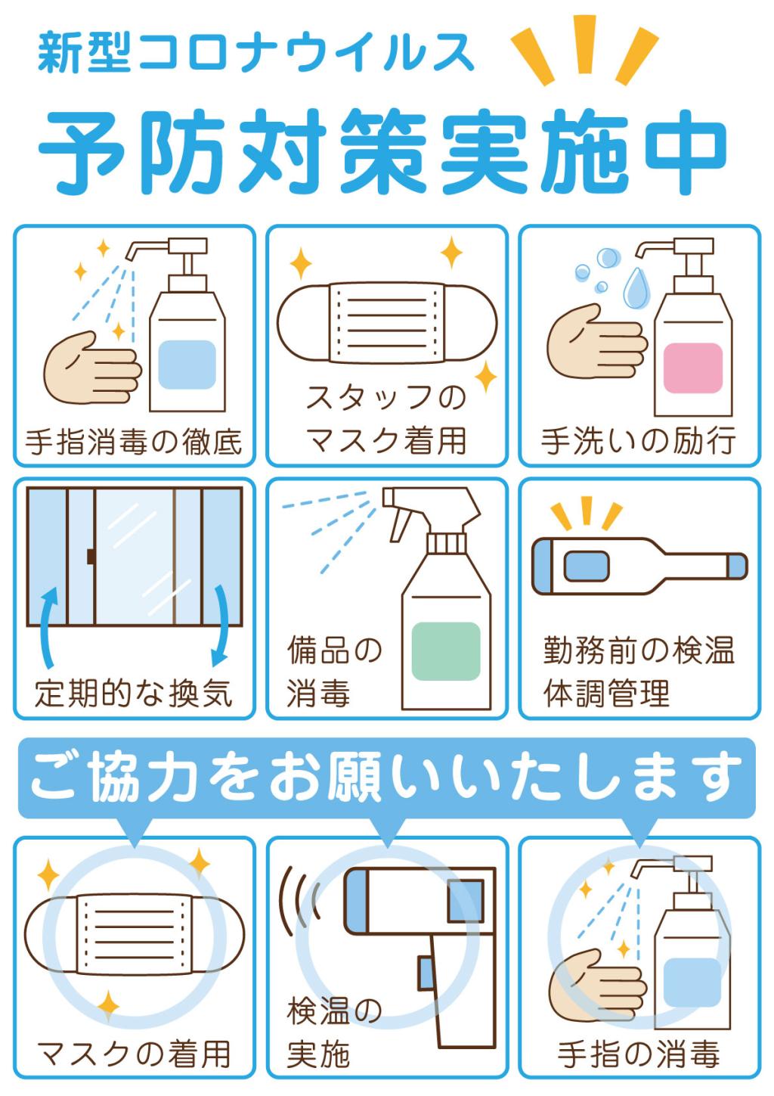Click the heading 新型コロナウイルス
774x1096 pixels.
(x=255, y=52)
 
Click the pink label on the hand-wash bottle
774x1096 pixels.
(x=692, y=368)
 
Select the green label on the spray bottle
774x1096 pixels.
(x=446, y=651)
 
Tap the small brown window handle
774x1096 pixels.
(x=91, y=557)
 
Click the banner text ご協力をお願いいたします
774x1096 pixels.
(x=386, y=777)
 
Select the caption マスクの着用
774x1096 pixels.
(x=134, y=1053)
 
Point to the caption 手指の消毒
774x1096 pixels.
(x=639, y=1053)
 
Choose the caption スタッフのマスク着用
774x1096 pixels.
(x=386, y=418)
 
